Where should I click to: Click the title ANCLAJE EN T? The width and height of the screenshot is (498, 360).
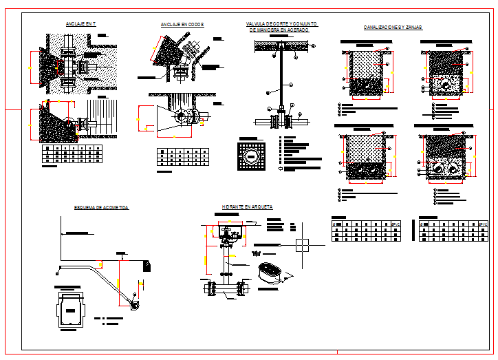coord(80,24)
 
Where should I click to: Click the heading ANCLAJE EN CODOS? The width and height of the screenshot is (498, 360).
coord(182,25)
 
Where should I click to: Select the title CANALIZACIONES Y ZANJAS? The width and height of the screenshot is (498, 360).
coord(393,28)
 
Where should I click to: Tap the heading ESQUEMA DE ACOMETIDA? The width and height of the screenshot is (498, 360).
coord(102,207)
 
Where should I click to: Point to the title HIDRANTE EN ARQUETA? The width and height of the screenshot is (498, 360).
coord(247,207)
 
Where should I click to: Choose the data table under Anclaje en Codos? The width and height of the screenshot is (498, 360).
coord(182,157)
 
